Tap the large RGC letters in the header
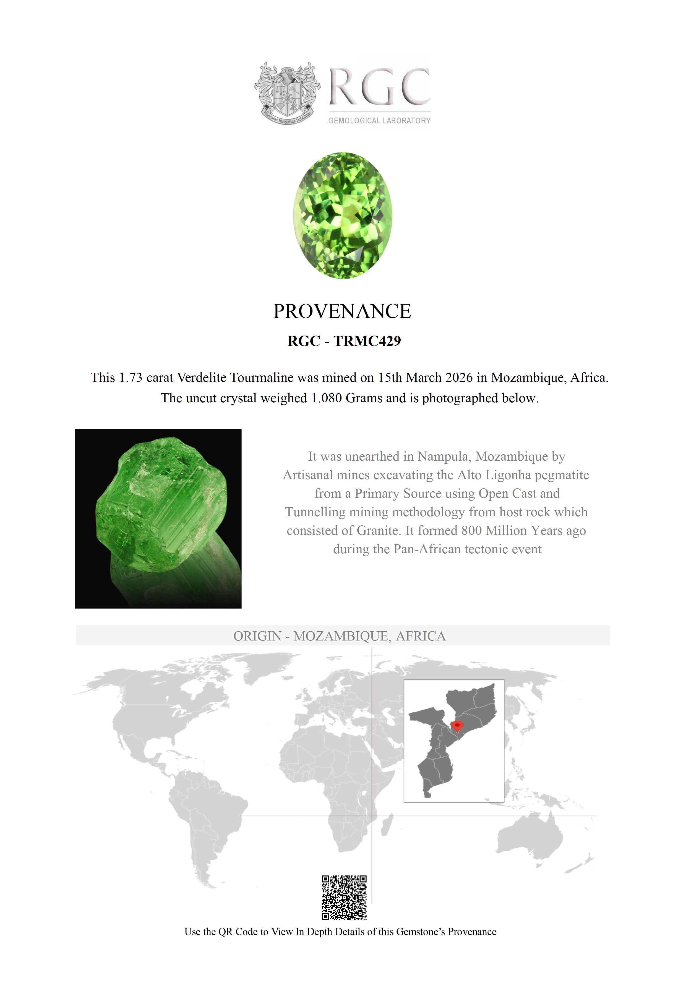tap(379, 87)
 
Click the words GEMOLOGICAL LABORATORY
tap(379, 121)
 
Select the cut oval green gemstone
tap(342, 215)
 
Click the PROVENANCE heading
tap(342, 311)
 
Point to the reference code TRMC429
tap(367, 341)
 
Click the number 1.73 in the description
tap(130, 378)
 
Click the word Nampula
tap(444, 457)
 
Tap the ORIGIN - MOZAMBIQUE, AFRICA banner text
tap(339, 636)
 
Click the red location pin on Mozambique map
tap(458, 725)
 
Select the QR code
tap(344, 898)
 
